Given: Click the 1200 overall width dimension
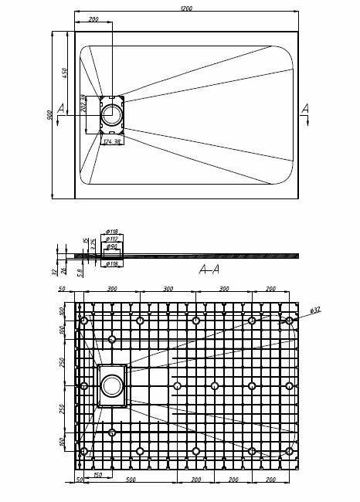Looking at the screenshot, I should (x=186, y=8).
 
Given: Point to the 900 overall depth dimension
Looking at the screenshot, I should (x=48, y=115).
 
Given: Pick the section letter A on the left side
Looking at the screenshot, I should (x=60, y=108).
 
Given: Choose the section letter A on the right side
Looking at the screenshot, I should (x=306, y=108).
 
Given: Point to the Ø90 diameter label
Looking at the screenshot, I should (x=112, y=247).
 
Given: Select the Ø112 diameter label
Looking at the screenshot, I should (x=112, y=239).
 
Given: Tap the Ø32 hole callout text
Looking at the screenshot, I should (x=315, y=310).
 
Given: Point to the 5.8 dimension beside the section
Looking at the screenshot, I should (x=82, y=271).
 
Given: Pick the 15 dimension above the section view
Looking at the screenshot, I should (x=85, y=241).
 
